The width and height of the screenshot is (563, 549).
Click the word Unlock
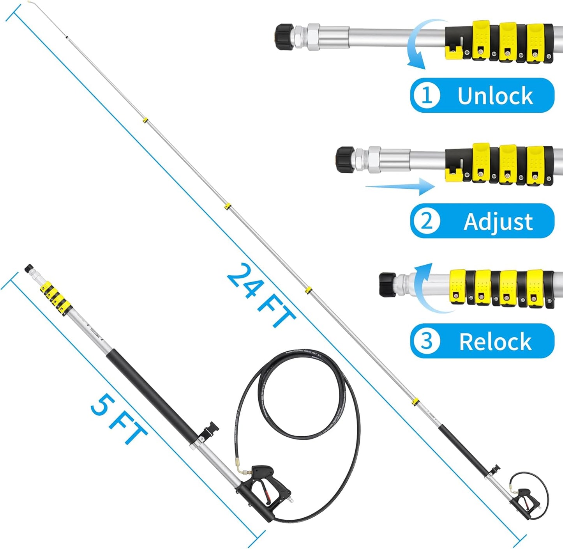click(495, 96)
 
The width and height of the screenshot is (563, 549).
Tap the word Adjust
click(498, 221)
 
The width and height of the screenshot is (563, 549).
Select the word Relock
click(495, 342)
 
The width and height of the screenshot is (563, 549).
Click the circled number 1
click(426, 96)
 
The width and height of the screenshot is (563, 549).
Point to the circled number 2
click(426, 221)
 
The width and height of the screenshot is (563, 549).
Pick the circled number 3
click(426, 341)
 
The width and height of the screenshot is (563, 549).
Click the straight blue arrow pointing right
click(401, 187)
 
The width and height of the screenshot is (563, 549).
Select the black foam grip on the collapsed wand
click(152, 394)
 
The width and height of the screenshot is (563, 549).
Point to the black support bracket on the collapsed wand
click(209, 431)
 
